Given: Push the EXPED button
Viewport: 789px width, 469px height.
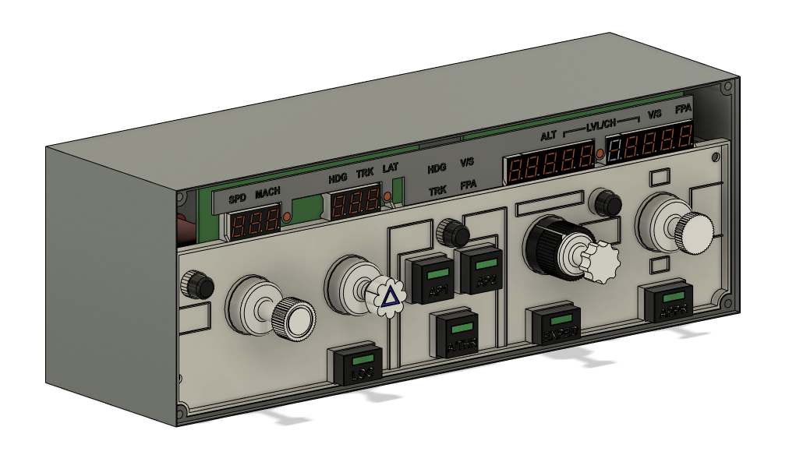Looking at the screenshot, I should pos(558,325).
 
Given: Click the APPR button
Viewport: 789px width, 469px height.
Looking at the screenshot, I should pos(670,304).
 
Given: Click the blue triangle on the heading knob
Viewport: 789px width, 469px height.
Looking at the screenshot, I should pos(389,296).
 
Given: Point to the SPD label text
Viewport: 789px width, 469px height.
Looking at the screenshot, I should pos(237,199).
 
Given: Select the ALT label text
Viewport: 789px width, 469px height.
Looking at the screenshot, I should pos(550,136).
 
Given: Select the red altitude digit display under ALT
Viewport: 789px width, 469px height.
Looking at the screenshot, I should pos(550,164).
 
